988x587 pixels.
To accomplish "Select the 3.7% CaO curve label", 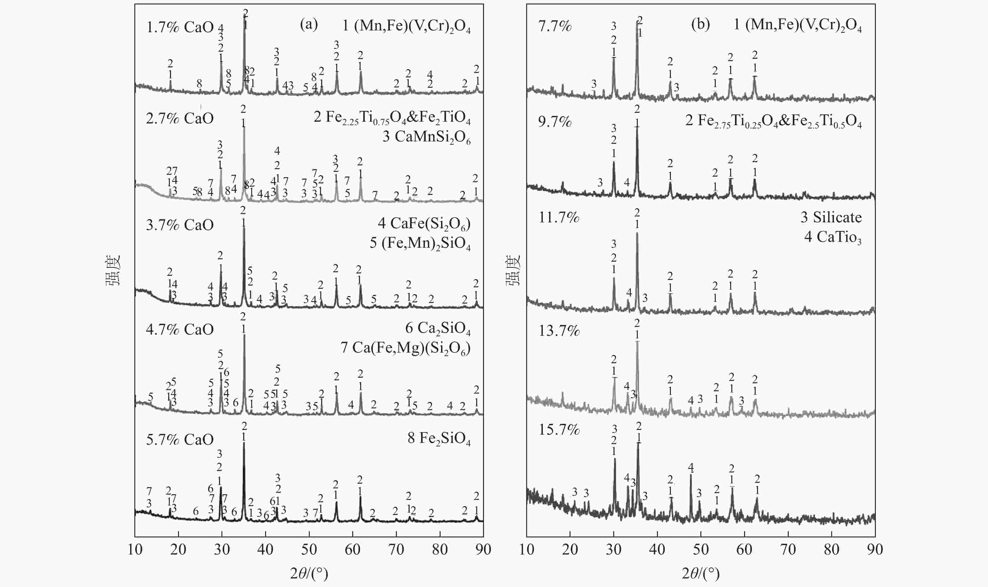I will [180, 225].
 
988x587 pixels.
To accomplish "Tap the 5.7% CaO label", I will [180, 439].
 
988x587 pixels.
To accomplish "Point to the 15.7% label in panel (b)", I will [559, 430].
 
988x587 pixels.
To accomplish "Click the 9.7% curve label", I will [555, 122].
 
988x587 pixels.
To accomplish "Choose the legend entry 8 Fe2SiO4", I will [439, 439].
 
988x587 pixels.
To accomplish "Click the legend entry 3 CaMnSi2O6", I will [426, 137].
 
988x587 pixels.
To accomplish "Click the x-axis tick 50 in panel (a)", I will [309, 550].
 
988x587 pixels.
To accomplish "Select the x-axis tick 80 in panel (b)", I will [832, 550].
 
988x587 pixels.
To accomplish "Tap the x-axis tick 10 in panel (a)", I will [135, 550].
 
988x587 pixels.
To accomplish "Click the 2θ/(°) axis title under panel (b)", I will [700, 573].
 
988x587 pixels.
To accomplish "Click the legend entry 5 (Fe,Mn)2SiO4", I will [420, 243].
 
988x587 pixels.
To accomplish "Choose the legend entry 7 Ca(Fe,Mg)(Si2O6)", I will [405, 348].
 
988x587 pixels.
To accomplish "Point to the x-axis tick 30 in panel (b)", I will [614, 550].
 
